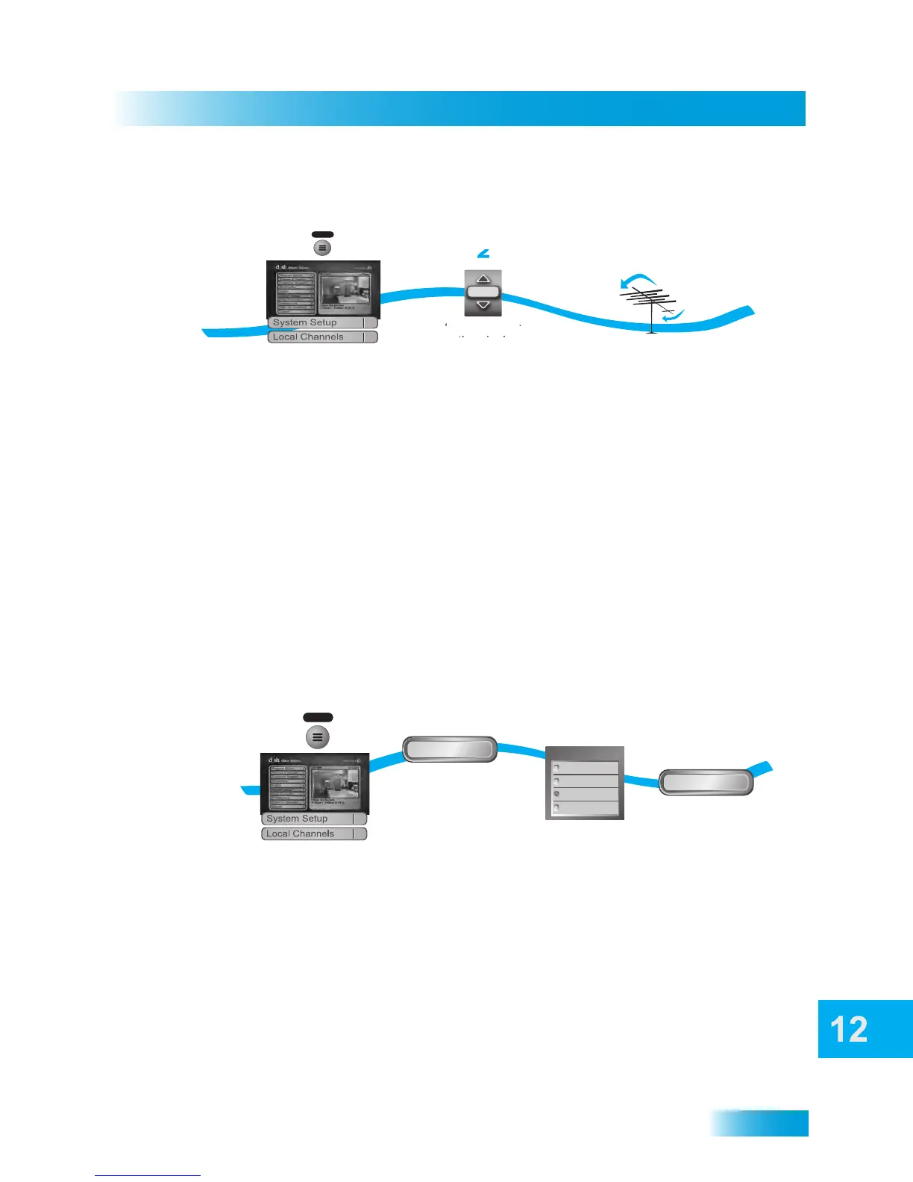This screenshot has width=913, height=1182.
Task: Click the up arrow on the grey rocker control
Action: (483, 278)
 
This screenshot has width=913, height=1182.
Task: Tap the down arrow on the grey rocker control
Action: (483, 305)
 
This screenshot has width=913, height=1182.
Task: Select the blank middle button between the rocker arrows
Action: (483, 292)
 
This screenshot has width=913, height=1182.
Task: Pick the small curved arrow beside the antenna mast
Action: (673, 316)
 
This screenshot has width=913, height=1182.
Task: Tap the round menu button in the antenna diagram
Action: (322, 247)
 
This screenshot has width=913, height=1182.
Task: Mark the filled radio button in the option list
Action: (556, 794)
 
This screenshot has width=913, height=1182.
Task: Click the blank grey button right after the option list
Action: (706, 782)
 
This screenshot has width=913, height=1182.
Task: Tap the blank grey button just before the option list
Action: (450, 749)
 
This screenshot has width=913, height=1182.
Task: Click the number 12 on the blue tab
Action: (849, 1030)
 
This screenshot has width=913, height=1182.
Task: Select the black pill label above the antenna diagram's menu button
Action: (322, 234)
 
